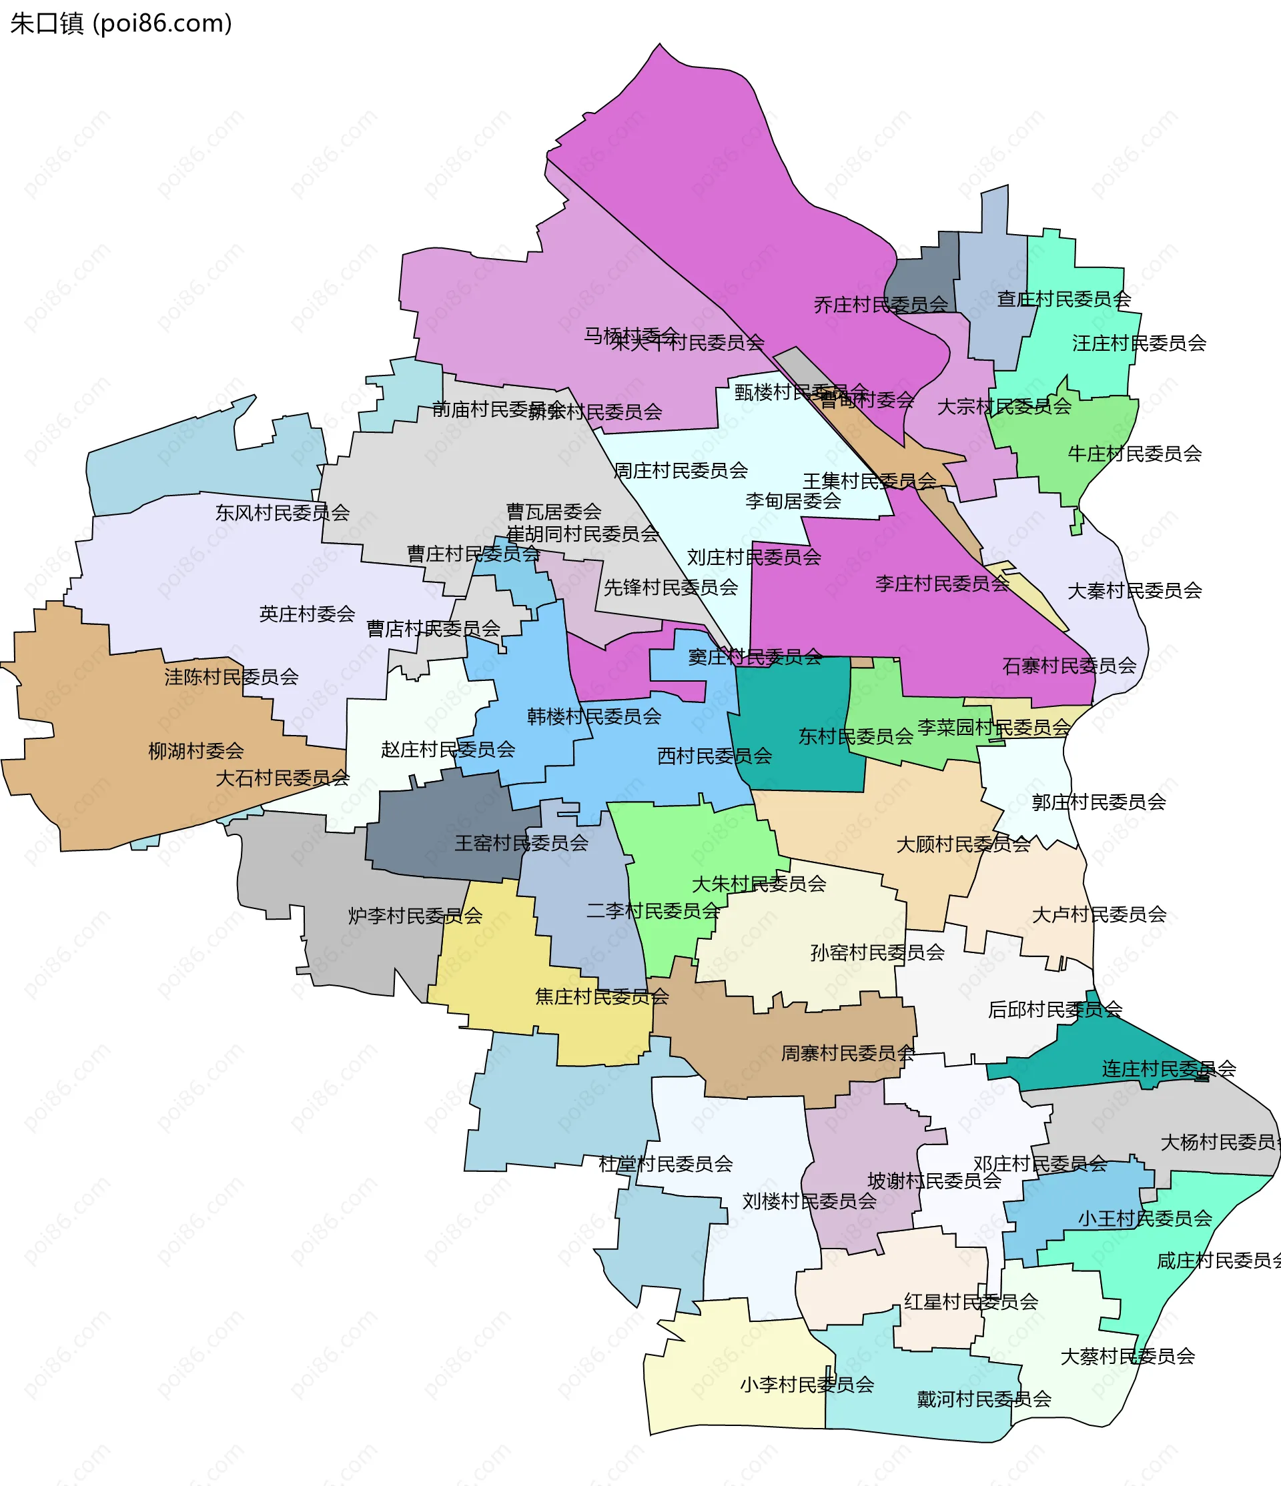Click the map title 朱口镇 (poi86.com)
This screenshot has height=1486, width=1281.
[121, 23]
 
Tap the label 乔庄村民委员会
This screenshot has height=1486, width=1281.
[880, 305]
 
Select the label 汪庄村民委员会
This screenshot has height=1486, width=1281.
[1138, 343]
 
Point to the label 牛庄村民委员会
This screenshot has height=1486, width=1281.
[1134, 454]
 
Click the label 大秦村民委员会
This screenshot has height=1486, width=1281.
[1134, 591]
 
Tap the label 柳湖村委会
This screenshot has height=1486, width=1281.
[195, 751]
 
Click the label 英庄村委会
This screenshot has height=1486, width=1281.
[307, 614]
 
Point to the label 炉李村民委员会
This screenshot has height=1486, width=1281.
[414, 916]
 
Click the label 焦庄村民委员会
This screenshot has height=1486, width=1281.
[601, 996]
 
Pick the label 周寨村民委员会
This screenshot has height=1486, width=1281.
[847, 1053]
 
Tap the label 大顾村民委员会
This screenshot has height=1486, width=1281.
[963, 844]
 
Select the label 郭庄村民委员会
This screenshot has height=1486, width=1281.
[1098, 802]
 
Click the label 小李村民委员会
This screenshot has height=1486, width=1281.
[806, 1384]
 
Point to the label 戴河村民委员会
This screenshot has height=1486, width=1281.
[983, 1399]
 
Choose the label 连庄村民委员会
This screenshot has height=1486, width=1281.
[1168, 1068]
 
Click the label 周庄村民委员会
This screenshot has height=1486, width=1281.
[680, 470]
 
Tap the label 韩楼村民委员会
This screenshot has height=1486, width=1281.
[593, 716]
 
